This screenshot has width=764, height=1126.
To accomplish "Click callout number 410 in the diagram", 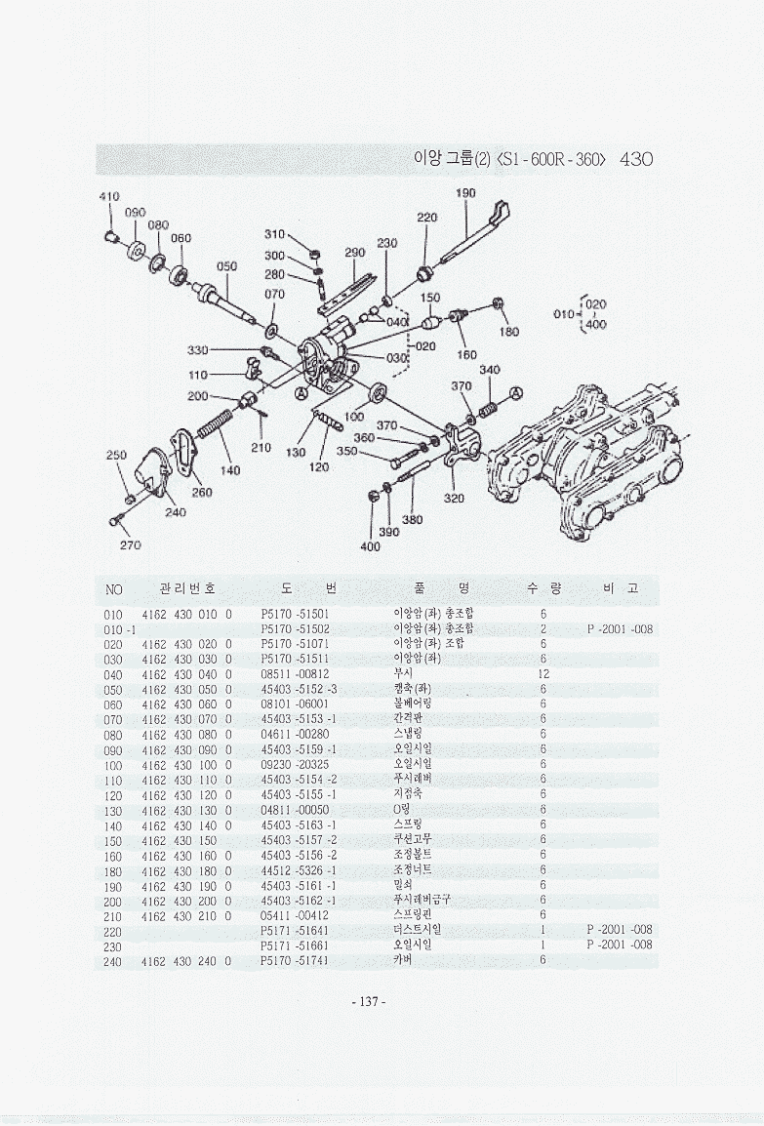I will click(x=108, y=196).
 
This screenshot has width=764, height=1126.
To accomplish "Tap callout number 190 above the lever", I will click(x=465, y=193).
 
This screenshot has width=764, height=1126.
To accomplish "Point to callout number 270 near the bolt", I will click(x=130, y=543).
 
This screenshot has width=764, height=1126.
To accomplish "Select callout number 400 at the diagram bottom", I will click(x=370, y=546).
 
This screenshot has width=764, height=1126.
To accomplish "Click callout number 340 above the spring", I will click(x=489, y=370).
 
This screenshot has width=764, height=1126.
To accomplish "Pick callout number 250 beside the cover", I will click(x=116, y=456).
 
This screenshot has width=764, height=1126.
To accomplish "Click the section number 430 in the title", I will click(x=635, y=159).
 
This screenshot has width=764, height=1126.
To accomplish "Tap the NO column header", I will click(x=114, y=589).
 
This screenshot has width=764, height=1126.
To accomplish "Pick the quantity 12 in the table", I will click(x=544, y=674).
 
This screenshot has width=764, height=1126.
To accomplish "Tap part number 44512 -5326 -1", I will click(x=300, y=869).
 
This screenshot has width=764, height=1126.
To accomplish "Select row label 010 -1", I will click(x=119, y=629).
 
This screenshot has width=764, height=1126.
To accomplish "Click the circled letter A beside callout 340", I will click(x=516, y=392).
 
